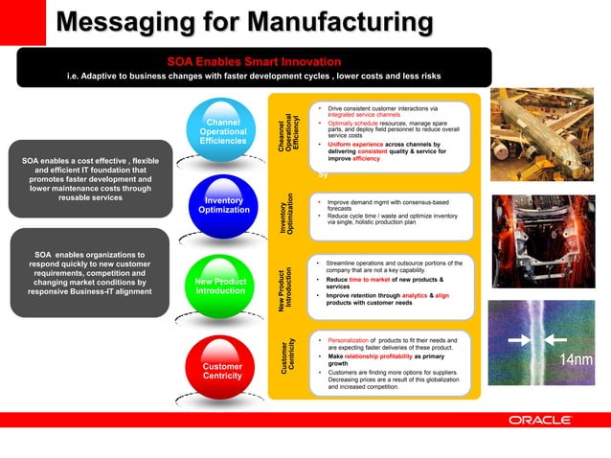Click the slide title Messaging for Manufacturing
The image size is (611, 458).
click(x=244, y=22)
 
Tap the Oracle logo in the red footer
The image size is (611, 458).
click(x=540, y=420)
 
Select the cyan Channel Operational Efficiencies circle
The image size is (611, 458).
click(x=222, y=132)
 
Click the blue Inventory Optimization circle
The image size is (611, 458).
click(x=222, y=205)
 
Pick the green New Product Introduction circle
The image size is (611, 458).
click(x=222, y=286)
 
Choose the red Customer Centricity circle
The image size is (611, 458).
click(x=222, y=370)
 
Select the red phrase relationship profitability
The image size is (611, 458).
click(x=387, y=355)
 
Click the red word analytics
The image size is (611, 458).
click(x=414, y=296)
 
